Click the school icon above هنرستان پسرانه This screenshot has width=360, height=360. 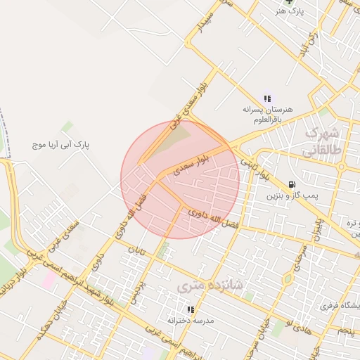point(267,98)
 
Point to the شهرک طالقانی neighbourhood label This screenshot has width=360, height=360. point(322,141)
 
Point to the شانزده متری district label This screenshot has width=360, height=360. point(210,285)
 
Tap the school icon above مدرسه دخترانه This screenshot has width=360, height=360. point(190,309)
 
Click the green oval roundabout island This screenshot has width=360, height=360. point(287,278)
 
